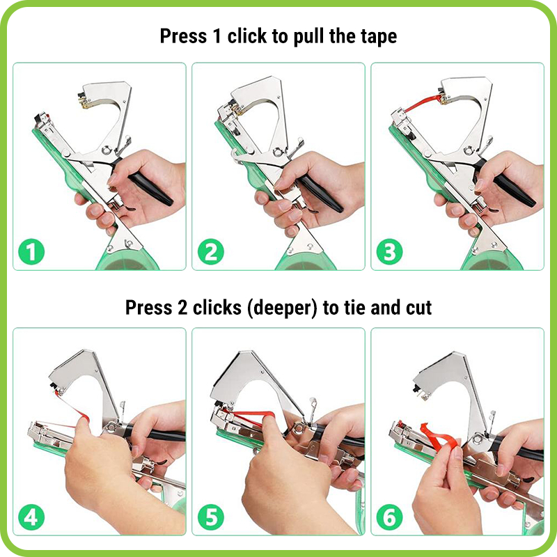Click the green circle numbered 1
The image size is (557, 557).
pyautogui.click(x=31, y=251)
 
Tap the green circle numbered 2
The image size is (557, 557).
pyautogui.click(x=211, y=251)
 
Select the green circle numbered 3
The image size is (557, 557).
pyautogui.click(x=390, y=251)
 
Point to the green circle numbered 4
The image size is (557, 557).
pyautogui.click(x=31, y=517)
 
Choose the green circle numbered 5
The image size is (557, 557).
pyautogui.click(x=211, y=517)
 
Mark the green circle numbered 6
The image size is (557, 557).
pyautogui.click(x=390, y=517)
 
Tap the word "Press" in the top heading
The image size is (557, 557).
pyautogui.click(x=183, y=36)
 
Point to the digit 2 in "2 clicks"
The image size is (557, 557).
pyautogui.click(x=182, y=308)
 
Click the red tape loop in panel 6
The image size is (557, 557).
pyautogui.click(x=438, y=438)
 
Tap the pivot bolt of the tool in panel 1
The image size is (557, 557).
pyautogui.click(x=106, y=150)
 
